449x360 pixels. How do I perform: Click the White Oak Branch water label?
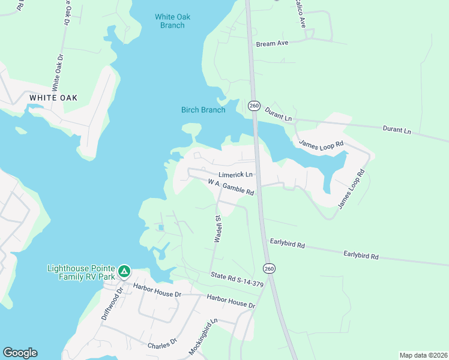coord(172,21)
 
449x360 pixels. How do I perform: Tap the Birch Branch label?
coord(203,110)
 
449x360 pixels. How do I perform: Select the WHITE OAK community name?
coord(53,98)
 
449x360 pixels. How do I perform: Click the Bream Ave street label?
coord(273,44)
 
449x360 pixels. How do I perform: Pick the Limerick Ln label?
coord(236,175)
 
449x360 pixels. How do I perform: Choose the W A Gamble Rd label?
coord(232,188)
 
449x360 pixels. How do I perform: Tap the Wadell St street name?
coord(218,229)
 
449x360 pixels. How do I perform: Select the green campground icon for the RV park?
coord(124,272)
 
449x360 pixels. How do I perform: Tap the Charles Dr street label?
coord(163,343)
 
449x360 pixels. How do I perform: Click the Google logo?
coord(20,353)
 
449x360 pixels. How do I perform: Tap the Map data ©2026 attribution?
coord(423,355)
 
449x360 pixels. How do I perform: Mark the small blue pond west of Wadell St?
coord(161,227)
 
